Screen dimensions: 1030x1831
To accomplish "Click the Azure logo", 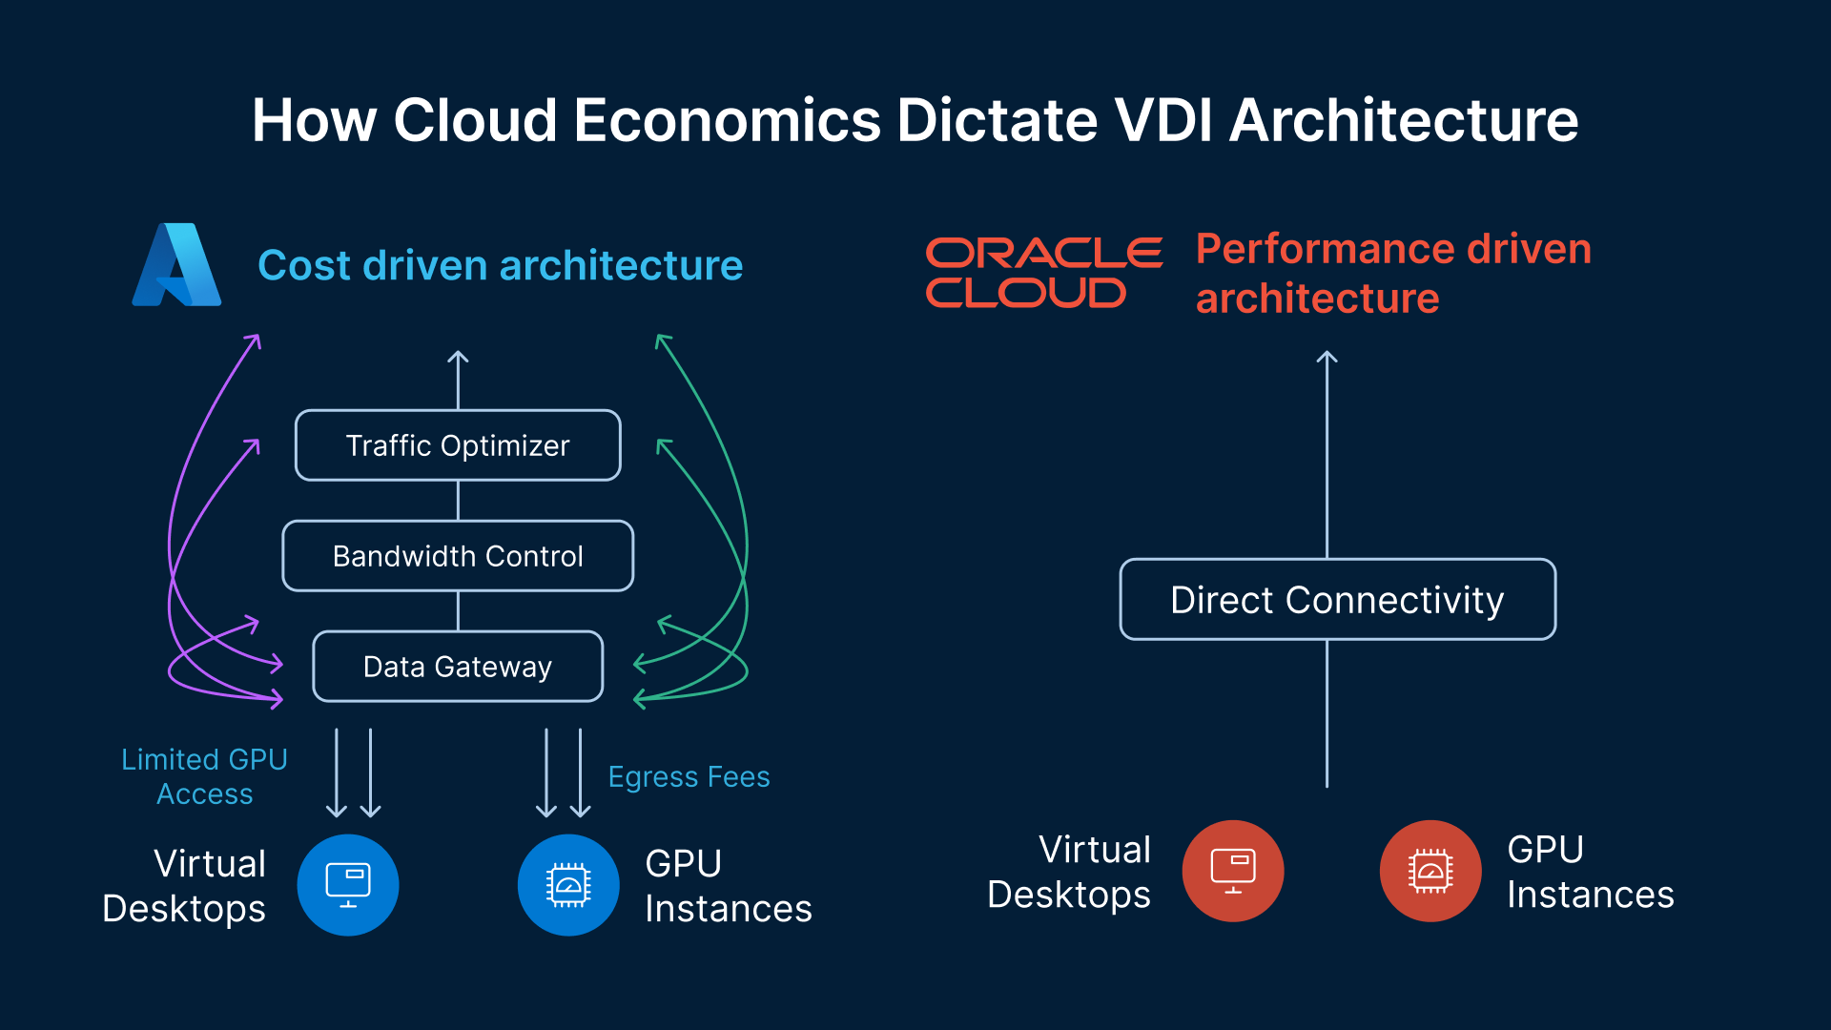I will pyautogui.click(x=177, y=265).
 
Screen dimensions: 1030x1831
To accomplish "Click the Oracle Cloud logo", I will pyautogui.click(x=1043, y=273).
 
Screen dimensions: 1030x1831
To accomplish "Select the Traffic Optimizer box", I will pyautogui.click(x=458, y=445).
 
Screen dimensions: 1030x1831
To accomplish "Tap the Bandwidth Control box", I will pyautogui.click(x=458, y=556).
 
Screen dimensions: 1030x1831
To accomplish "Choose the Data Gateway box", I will pyautogui.click(x=458, y=667).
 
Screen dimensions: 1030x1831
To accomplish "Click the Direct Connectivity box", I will pyautogui.click(x=1337, y=600).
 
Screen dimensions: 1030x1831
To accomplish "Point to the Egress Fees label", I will pyautogui.click(x=689, y=777).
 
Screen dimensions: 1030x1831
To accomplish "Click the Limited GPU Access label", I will pyautogui.click(x=204, y=776).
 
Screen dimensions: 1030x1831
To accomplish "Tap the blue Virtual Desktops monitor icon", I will pyautogui.click(x=348, y=885).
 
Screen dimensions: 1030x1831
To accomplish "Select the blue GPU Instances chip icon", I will pyautogui.click(x=568, y=885).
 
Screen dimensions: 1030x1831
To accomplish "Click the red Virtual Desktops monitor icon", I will pyautogui.click(x=1233, y=871).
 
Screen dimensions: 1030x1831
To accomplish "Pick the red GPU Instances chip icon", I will pyautogui.click(x=1430, y=871).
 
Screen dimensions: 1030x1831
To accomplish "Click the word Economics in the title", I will pyautogui.click(x=727, y=121).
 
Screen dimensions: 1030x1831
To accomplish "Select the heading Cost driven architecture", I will pyautogui.click(x=500, y=265).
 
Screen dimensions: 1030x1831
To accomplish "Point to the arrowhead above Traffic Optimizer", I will pyautogui.click(x=458, y=356).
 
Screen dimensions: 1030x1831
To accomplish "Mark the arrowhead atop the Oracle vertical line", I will pyautogui.click(x=1327, y=356).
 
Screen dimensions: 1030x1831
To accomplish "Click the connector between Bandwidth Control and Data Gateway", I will pyautogui.click(x=458, y=611).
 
